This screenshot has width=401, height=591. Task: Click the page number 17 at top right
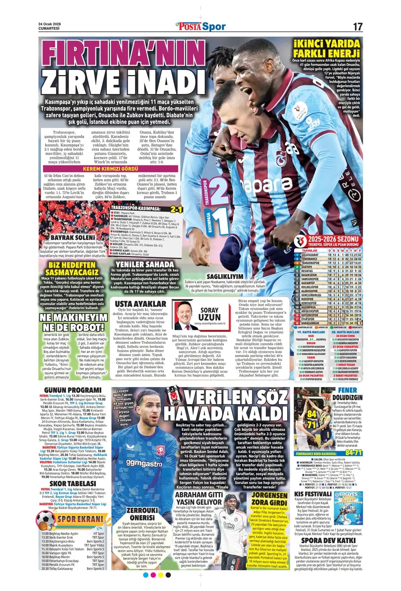click(357, 26)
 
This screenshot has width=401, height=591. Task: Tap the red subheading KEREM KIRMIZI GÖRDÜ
click(110, 169)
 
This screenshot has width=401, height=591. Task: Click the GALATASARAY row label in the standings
click(310, 255)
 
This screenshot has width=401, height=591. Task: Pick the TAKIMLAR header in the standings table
click(310, 250)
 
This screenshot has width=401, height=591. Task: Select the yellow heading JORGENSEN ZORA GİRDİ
click(269, 499)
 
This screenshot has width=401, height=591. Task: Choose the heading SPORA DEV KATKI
click(329, 540)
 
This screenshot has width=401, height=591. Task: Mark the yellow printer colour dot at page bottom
click(161, 575)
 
